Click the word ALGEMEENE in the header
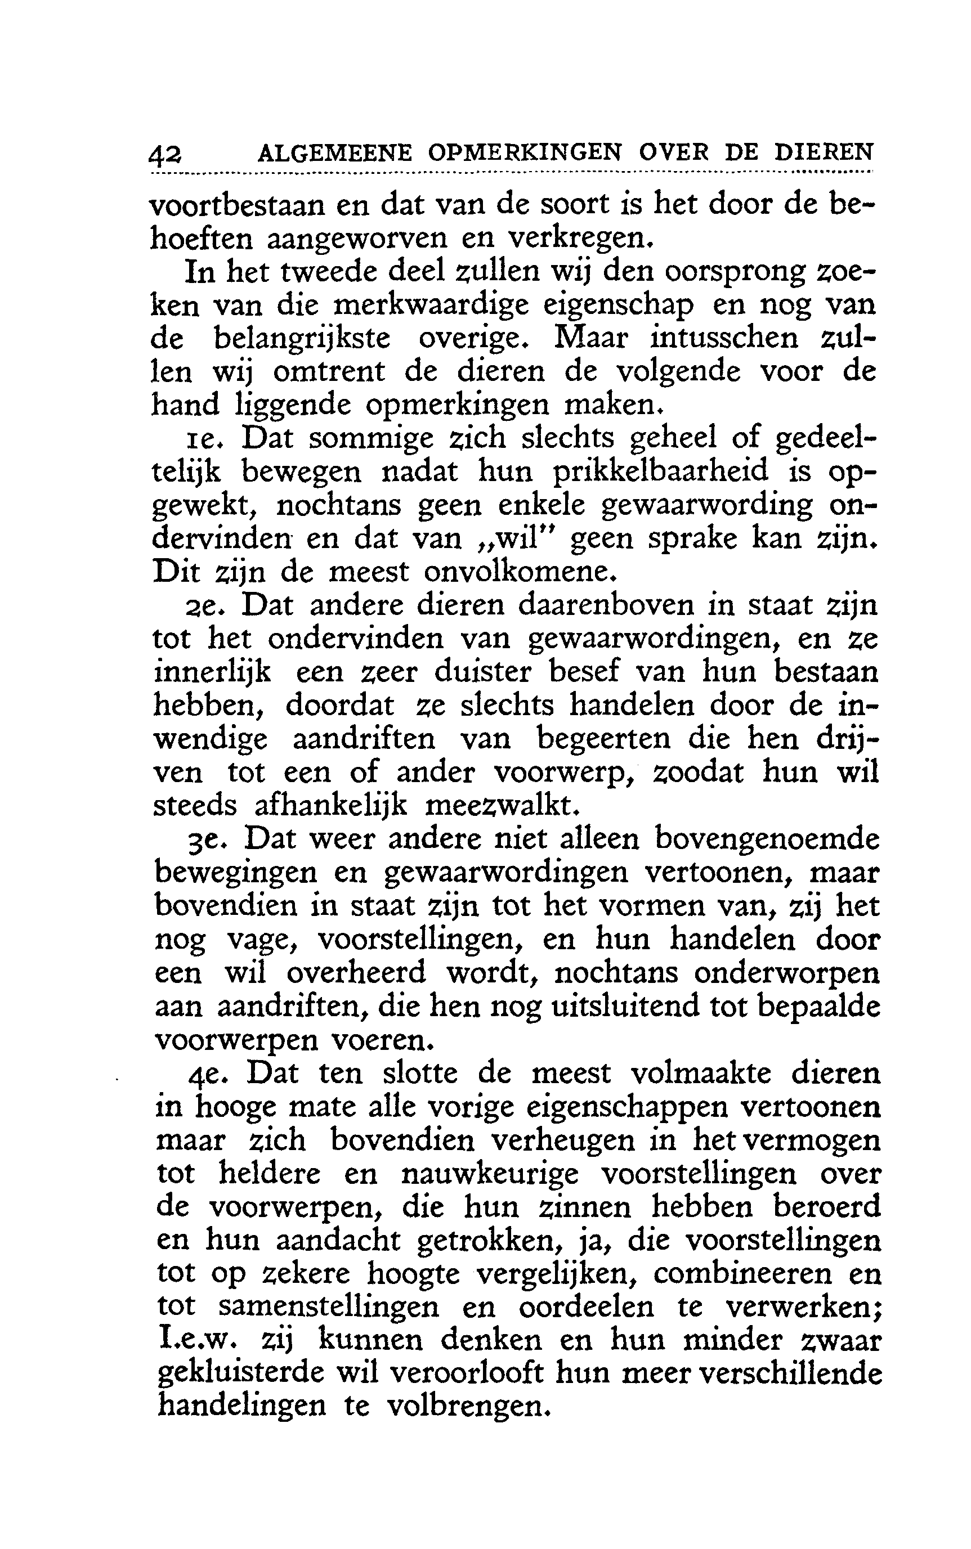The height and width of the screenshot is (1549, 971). click(x=333, y=154)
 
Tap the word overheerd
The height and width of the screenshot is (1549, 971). click(x=356, y=972)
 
